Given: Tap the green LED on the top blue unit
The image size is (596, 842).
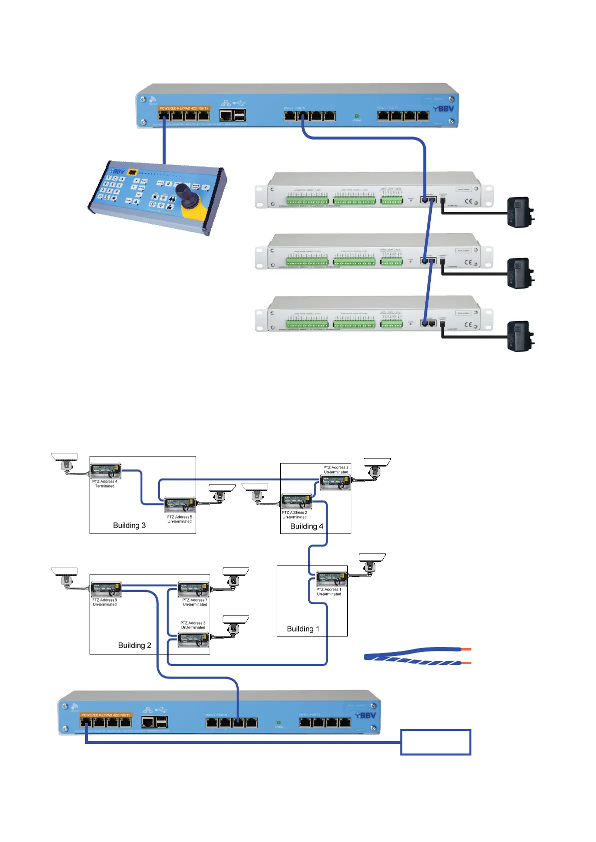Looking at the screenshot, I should pyautogui.click(x=356, y=115).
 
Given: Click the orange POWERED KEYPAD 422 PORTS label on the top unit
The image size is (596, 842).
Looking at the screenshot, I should pyautogui.click(x=184, y=108).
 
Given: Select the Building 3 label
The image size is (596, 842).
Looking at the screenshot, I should pyautogui.click(x=129, y=525).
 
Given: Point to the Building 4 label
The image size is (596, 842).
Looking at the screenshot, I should pyautogui.click(x=307, y=526).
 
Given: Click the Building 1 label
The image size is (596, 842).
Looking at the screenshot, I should pyautogui.click(x=303, y=629).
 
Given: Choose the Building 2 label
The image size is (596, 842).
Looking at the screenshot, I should pyautogui.click(x=135, y=645).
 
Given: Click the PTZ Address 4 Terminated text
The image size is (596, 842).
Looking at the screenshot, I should pyautogui.click(x=105, y=483).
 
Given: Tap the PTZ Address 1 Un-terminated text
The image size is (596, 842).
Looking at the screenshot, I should pyautogui.click(x=329, y=592).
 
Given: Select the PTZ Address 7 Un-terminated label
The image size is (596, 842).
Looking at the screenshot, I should pyautogui.click(x=195, y=602).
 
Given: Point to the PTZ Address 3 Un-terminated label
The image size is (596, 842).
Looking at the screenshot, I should pyautogui.click(x=336, y=469).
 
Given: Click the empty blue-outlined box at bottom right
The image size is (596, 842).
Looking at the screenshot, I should pyautogui.click(x=435, y=742).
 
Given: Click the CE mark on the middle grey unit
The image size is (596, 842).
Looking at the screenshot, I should pyautogui.click(x=468, y=262).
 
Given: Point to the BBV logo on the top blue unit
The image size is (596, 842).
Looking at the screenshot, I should pyautogui.click(x=443, y=108).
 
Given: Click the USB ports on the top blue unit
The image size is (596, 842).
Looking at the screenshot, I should pyautogui.click(x=240, y=115).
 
